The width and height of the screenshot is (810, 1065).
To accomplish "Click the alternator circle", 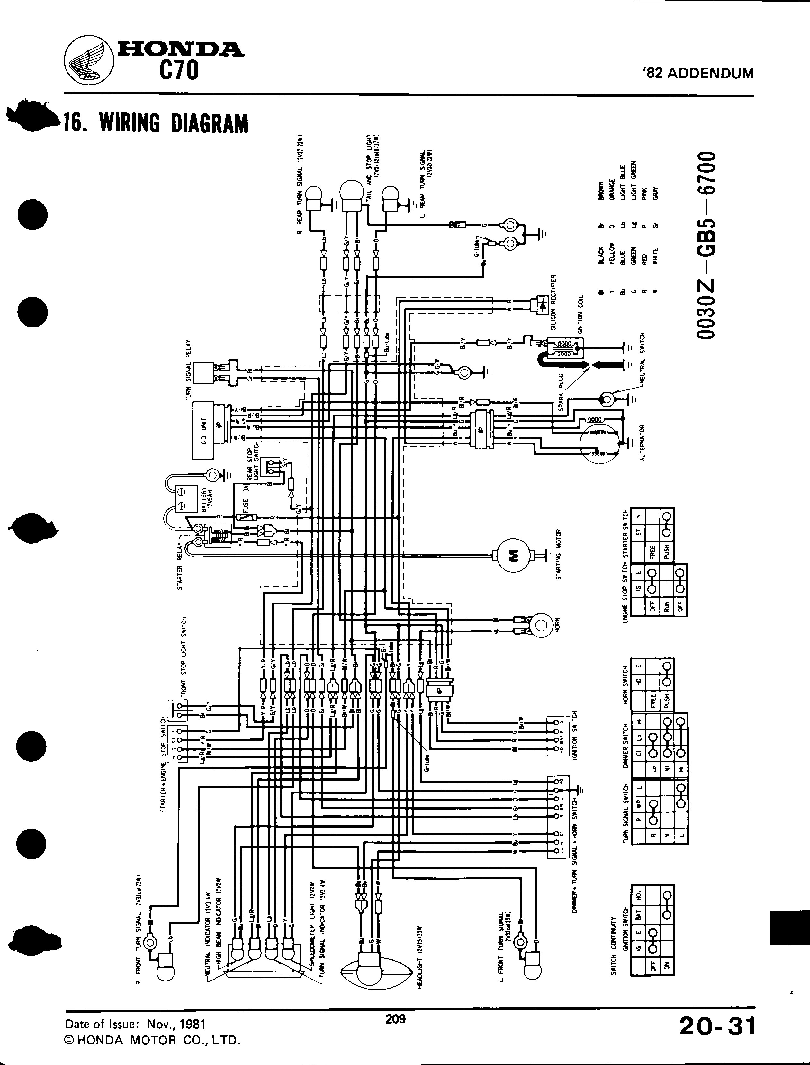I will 601,438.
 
